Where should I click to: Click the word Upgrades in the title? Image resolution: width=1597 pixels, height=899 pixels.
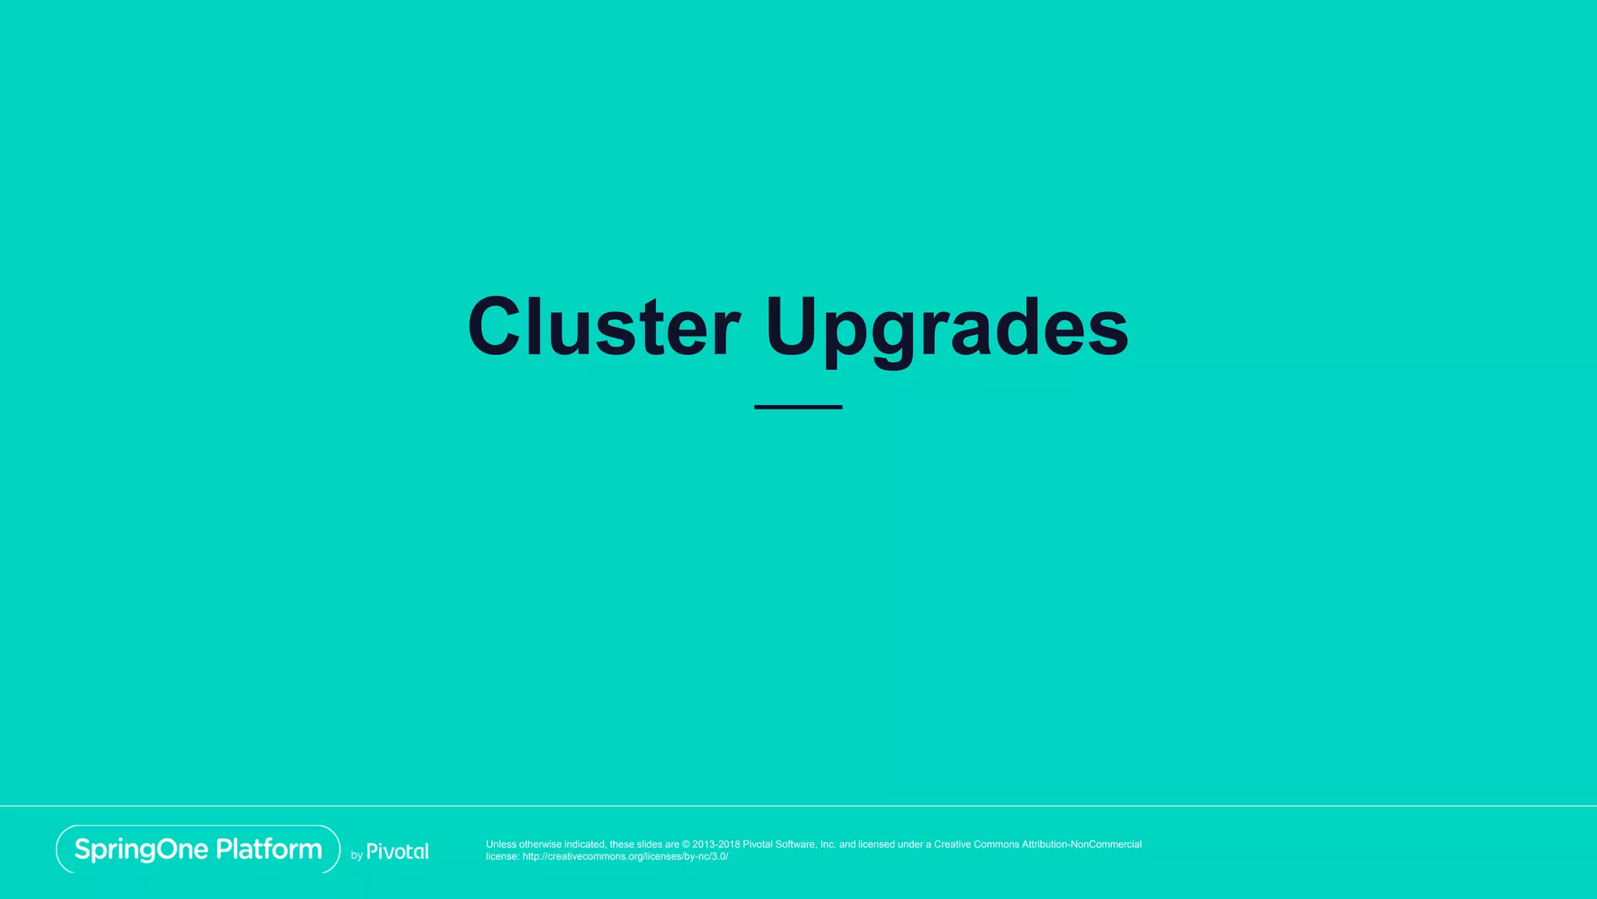click(946, 328)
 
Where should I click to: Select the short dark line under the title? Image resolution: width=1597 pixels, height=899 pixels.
click(798, 407)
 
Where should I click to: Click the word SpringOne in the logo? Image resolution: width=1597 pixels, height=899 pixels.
click(141, 849)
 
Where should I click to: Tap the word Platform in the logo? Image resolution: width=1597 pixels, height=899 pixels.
click(269, 848)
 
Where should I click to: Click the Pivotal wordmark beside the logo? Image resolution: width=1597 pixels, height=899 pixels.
click(398, 851)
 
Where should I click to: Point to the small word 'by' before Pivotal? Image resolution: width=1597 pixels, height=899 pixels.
click(356, 855)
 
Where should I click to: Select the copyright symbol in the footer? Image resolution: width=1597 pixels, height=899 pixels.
click(686, 844)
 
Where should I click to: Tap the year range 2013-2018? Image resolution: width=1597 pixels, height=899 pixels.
click(716, 844)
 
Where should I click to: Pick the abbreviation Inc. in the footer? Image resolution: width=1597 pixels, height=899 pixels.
click(828, 844)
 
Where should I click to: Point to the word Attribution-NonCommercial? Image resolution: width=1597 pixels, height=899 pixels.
click(1082, 844)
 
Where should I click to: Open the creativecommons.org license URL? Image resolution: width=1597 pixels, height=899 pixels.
click(625, 856)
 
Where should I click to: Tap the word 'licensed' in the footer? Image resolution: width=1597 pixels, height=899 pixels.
click(876, 844)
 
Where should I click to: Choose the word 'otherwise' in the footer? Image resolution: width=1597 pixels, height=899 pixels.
click(540, 844)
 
